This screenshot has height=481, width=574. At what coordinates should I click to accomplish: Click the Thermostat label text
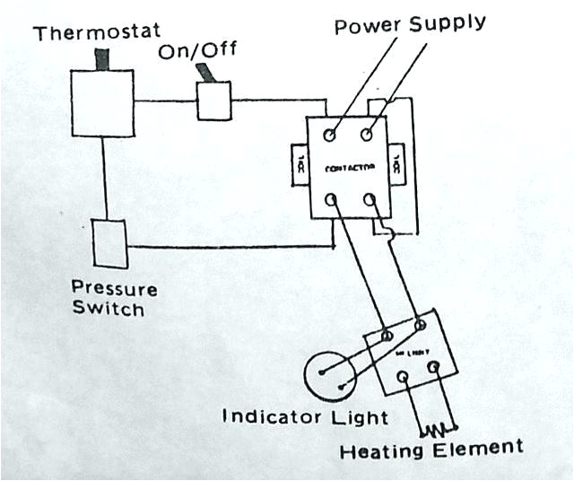[91, 34]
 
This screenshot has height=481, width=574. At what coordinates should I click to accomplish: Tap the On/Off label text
[196, 51]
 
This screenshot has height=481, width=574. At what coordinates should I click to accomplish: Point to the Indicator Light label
[305, 417]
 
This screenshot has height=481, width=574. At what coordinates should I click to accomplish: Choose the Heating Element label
[430, 448]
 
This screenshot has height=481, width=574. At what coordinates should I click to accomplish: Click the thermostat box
[102, 103]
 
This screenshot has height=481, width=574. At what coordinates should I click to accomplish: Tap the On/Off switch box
[213, 101]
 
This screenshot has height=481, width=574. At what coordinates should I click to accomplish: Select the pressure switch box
[109, 242]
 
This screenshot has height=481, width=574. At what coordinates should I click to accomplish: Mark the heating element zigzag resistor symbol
[439, 427]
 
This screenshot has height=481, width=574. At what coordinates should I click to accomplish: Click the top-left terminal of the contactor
[330, 136]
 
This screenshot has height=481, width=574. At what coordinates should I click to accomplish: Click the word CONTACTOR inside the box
[349, 168]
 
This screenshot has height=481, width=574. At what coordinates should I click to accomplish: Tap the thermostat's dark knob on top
[101, 59]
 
